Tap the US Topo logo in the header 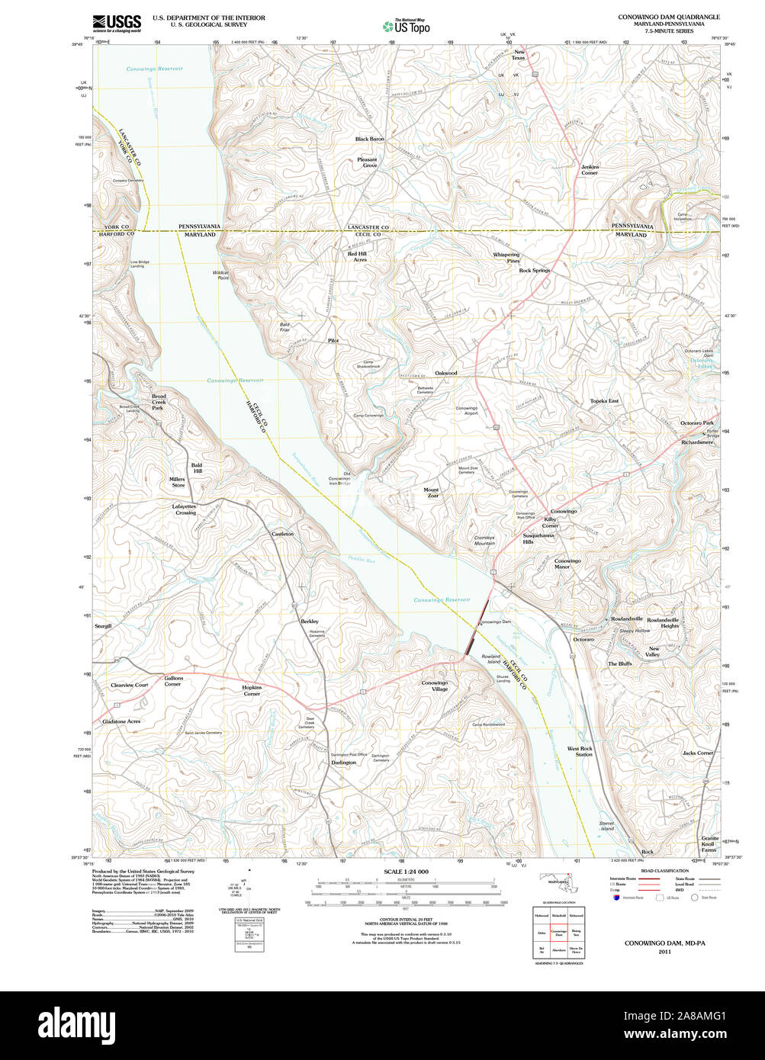(x=407, y=27)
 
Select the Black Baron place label (x=369, y=140)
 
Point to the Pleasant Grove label (x=369, y=162)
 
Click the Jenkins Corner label (x=590, y=170)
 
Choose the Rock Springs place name (x=534, y=271)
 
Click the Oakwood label (x=445, y=373)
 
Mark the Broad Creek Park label (x=158, y=402)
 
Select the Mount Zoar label (x=431, y=493)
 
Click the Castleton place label (x=282, y=534)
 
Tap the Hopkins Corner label (x=252, y=690)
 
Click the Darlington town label (x=343, y=763)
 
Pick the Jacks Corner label (x=697, y=753)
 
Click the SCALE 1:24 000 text (x=406, y=872)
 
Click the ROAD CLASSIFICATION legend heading (x=664, y=871)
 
